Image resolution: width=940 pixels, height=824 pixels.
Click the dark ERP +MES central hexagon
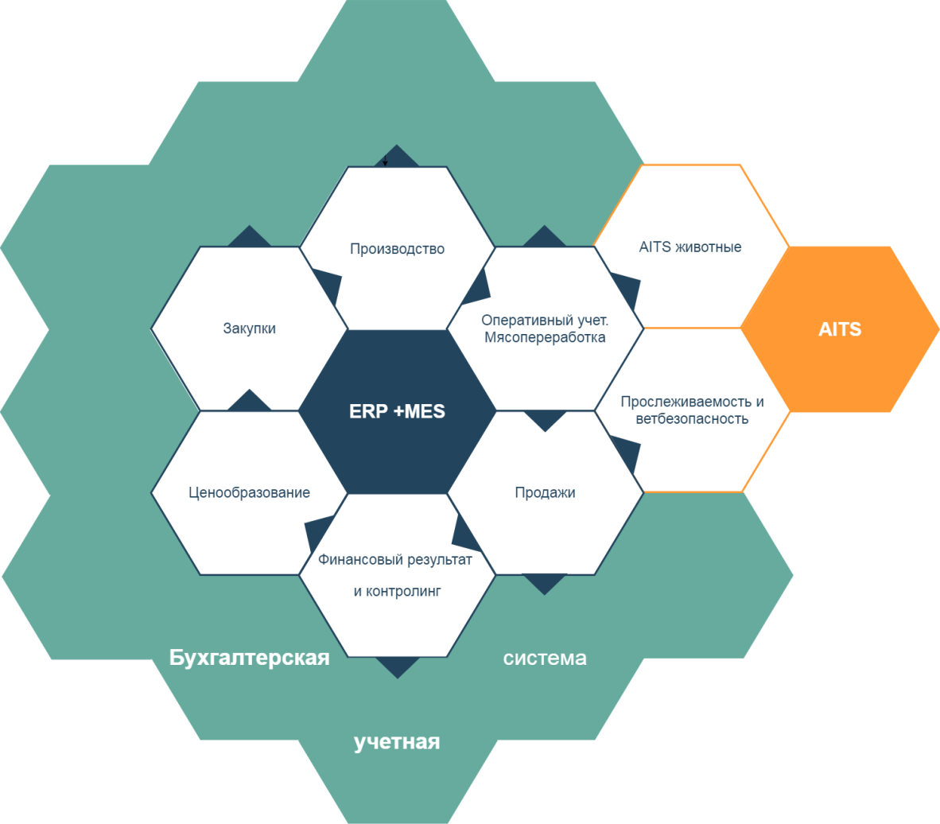[x=397, y=411]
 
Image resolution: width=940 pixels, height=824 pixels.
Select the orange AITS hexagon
[x=840, y=329]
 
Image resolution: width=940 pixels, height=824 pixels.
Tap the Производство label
[x=397, y=249]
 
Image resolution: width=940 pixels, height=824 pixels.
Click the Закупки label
[x=250, y=328]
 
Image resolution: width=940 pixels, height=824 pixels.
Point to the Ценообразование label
[x=250, y=492]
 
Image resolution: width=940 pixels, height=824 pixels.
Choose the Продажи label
[x=545, y=492]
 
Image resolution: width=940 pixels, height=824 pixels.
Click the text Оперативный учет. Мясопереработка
[x=545, y=328]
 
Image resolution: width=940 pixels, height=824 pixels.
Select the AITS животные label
[x=690, y=247]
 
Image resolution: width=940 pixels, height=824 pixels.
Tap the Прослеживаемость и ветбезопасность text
[x=692, y=410]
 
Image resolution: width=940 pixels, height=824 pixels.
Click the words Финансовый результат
[x=395, y=560]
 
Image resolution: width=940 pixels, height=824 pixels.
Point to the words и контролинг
[x=397, y=591]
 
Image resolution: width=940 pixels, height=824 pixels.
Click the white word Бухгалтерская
[x=250, y=659]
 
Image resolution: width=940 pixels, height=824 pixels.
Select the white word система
[x=545, y=659]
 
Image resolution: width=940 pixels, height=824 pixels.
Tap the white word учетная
[x=397, y=742]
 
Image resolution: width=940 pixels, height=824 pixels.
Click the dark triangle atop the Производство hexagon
[x=396, y=157]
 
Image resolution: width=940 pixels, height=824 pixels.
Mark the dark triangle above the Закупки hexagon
[x=250, y=238]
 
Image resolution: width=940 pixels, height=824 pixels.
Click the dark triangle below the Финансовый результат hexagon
[x=397, y=666]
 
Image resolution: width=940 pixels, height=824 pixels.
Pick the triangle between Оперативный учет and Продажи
[x=545, y=419]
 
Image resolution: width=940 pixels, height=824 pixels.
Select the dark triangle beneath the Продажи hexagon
[x=545, y=582]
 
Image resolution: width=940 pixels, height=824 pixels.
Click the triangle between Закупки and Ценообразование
[x=250, y=402]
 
